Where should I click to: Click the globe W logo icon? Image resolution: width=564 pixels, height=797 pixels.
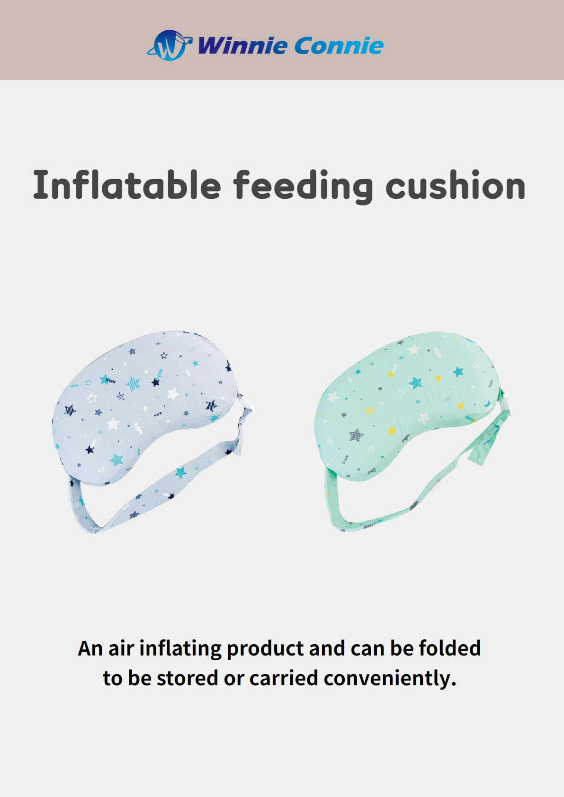(x=170, y=45)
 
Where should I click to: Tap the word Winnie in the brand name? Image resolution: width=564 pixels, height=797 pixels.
(x=242, y=45)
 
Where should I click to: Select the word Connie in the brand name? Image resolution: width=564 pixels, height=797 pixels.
(x=339, y=45)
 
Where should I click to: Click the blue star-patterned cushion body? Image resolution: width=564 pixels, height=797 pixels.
(x=145, y=407)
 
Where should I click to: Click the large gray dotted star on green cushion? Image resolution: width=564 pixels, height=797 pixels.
(x=355, y=435)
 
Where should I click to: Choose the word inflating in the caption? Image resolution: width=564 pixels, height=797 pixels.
(x=180, y=648)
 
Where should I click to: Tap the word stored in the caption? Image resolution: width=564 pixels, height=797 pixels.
(x=187, y=678)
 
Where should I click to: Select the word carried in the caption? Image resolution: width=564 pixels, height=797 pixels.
(x=284, y=678)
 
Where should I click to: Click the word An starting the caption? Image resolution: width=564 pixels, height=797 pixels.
(x=90, y=648)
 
